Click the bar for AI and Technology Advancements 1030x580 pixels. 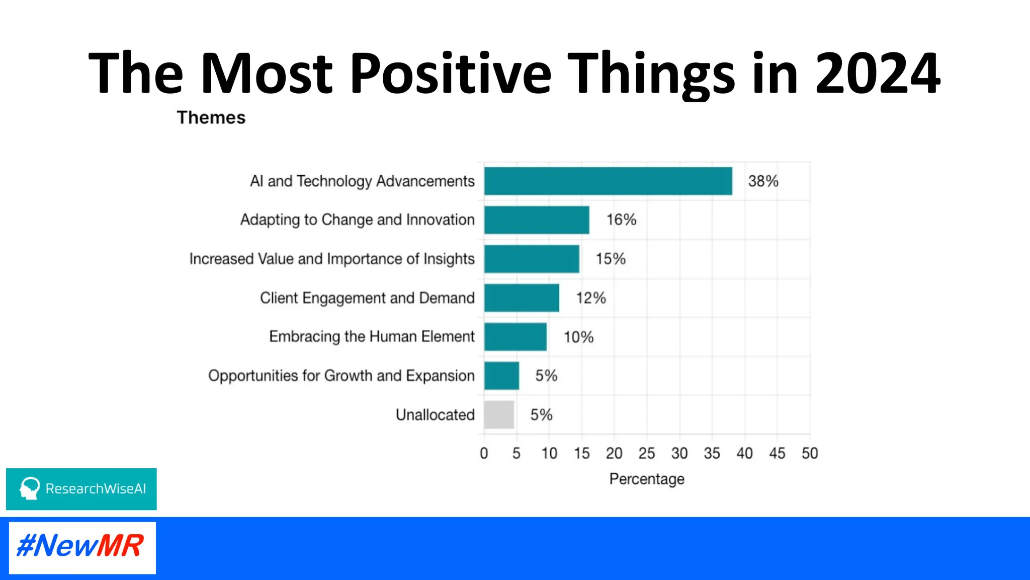click(x=608, y=181)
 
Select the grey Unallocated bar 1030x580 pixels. click(x=499, y=415)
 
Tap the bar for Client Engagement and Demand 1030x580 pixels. click(x=522, y=298)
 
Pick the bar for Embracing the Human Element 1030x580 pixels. click(x=515, y=337)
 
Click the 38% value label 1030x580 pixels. click(x=763, y=181)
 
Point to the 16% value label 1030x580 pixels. click(x=621, y=220)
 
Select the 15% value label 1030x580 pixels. click(x=611, y=259)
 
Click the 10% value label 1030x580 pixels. click(x=578, y=337)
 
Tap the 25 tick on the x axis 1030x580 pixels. click(x=647, y=454)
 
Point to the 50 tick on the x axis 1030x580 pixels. click(x=810, y=454)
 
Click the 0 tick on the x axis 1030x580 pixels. click(x=484, y=454)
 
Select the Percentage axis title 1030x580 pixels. click(x=647, y=479)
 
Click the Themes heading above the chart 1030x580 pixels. click(x=211, y=118)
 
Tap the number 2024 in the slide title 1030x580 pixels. click(x=878, y=74)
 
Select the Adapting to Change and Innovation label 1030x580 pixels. click(x=357, y=220)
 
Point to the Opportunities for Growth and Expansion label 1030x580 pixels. click(x=341, y=376)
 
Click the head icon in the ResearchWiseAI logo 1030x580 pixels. click(x=30, y=488)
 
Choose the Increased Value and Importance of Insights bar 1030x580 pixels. click(x=532, y=259)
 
